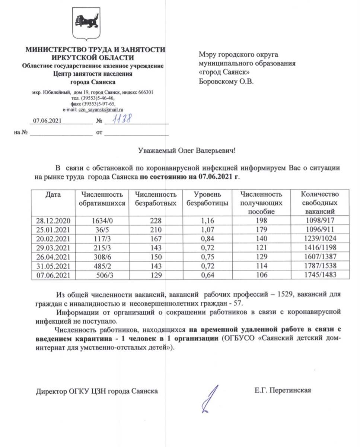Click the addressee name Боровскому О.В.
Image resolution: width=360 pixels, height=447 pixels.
tap(226, 81)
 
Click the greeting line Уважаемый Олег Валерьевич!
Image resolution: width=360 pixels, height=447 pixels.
tap(187, 151)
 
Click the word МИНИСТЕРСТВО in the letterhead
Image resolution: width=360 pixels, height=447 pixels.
tap(54, 50)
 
